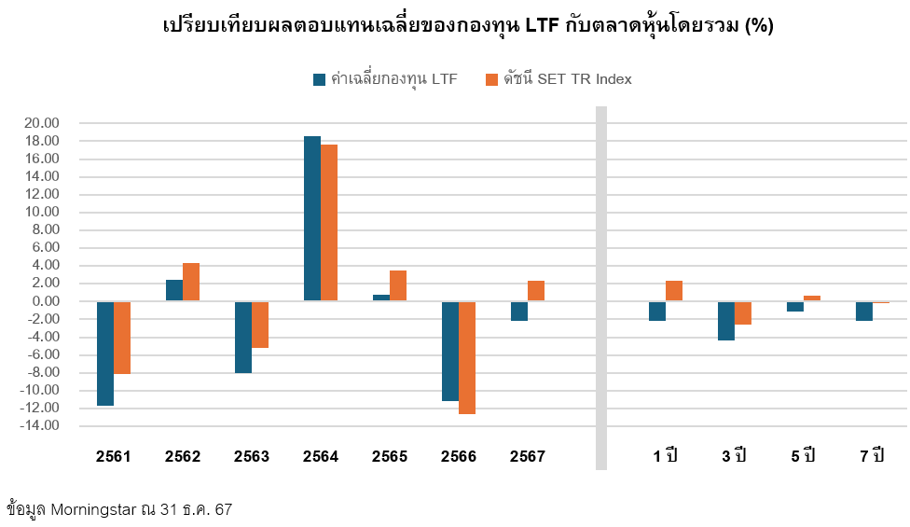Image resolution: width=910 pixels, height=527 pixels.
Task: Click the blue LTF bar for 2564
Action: tap(312, 218)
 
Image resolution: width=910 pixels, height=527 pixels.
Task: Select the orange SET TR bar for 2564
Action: tap(329, 223)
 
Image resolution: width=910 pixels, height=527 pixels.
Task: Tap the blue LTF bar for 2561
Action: tap(105, 354)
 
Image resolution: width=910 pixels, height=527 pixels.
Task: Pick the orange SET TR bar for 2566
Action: tap(467, 357)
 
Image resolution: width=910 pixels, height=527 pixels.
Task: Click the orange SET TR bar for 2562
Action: tap(191, 282)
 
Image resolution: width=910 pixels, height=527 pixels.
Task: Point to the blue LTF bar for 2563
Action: tap(243, 337)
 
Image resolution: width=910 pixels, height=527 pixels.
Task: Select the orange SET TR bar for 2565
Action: tap(398, 285)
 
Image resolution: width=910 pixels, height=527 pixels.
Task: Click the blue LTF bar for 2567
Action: tap(519, 311)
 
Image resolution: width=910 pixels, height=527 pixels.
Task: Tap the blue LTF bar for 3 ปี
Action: tap(726, 321)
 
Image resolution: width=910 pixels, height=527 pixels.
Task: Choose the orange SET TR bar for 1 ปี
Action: tap(674, 291)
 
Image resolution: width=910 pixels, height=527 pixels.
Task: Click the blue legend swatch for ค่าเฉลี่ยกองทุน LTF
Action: tap(320, 79)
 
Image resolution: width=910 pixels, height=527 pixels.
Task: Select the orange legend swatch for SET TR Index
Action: tap(492, 79)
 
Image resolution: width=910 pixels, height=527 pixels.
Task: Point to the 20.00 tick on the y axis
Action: tap(41, 123)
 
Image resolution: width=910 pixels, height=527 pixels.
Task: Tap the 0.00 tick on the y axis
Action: tap(45, 301)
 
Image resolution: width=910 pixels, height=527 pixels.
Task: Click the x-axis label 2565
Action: tap(390, 457)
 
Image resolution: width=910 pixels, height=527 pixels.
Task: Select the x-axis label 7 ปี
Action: tap(872, 457)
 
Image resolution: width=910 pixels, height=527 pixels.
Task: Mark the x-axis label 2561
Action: tap(114, 457)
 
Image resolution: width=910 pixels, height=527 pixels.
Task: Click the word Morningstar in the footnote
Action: tap(94, 510)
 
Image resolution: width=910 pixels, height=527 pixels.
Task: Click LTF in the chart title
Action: tap(543, 26)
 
